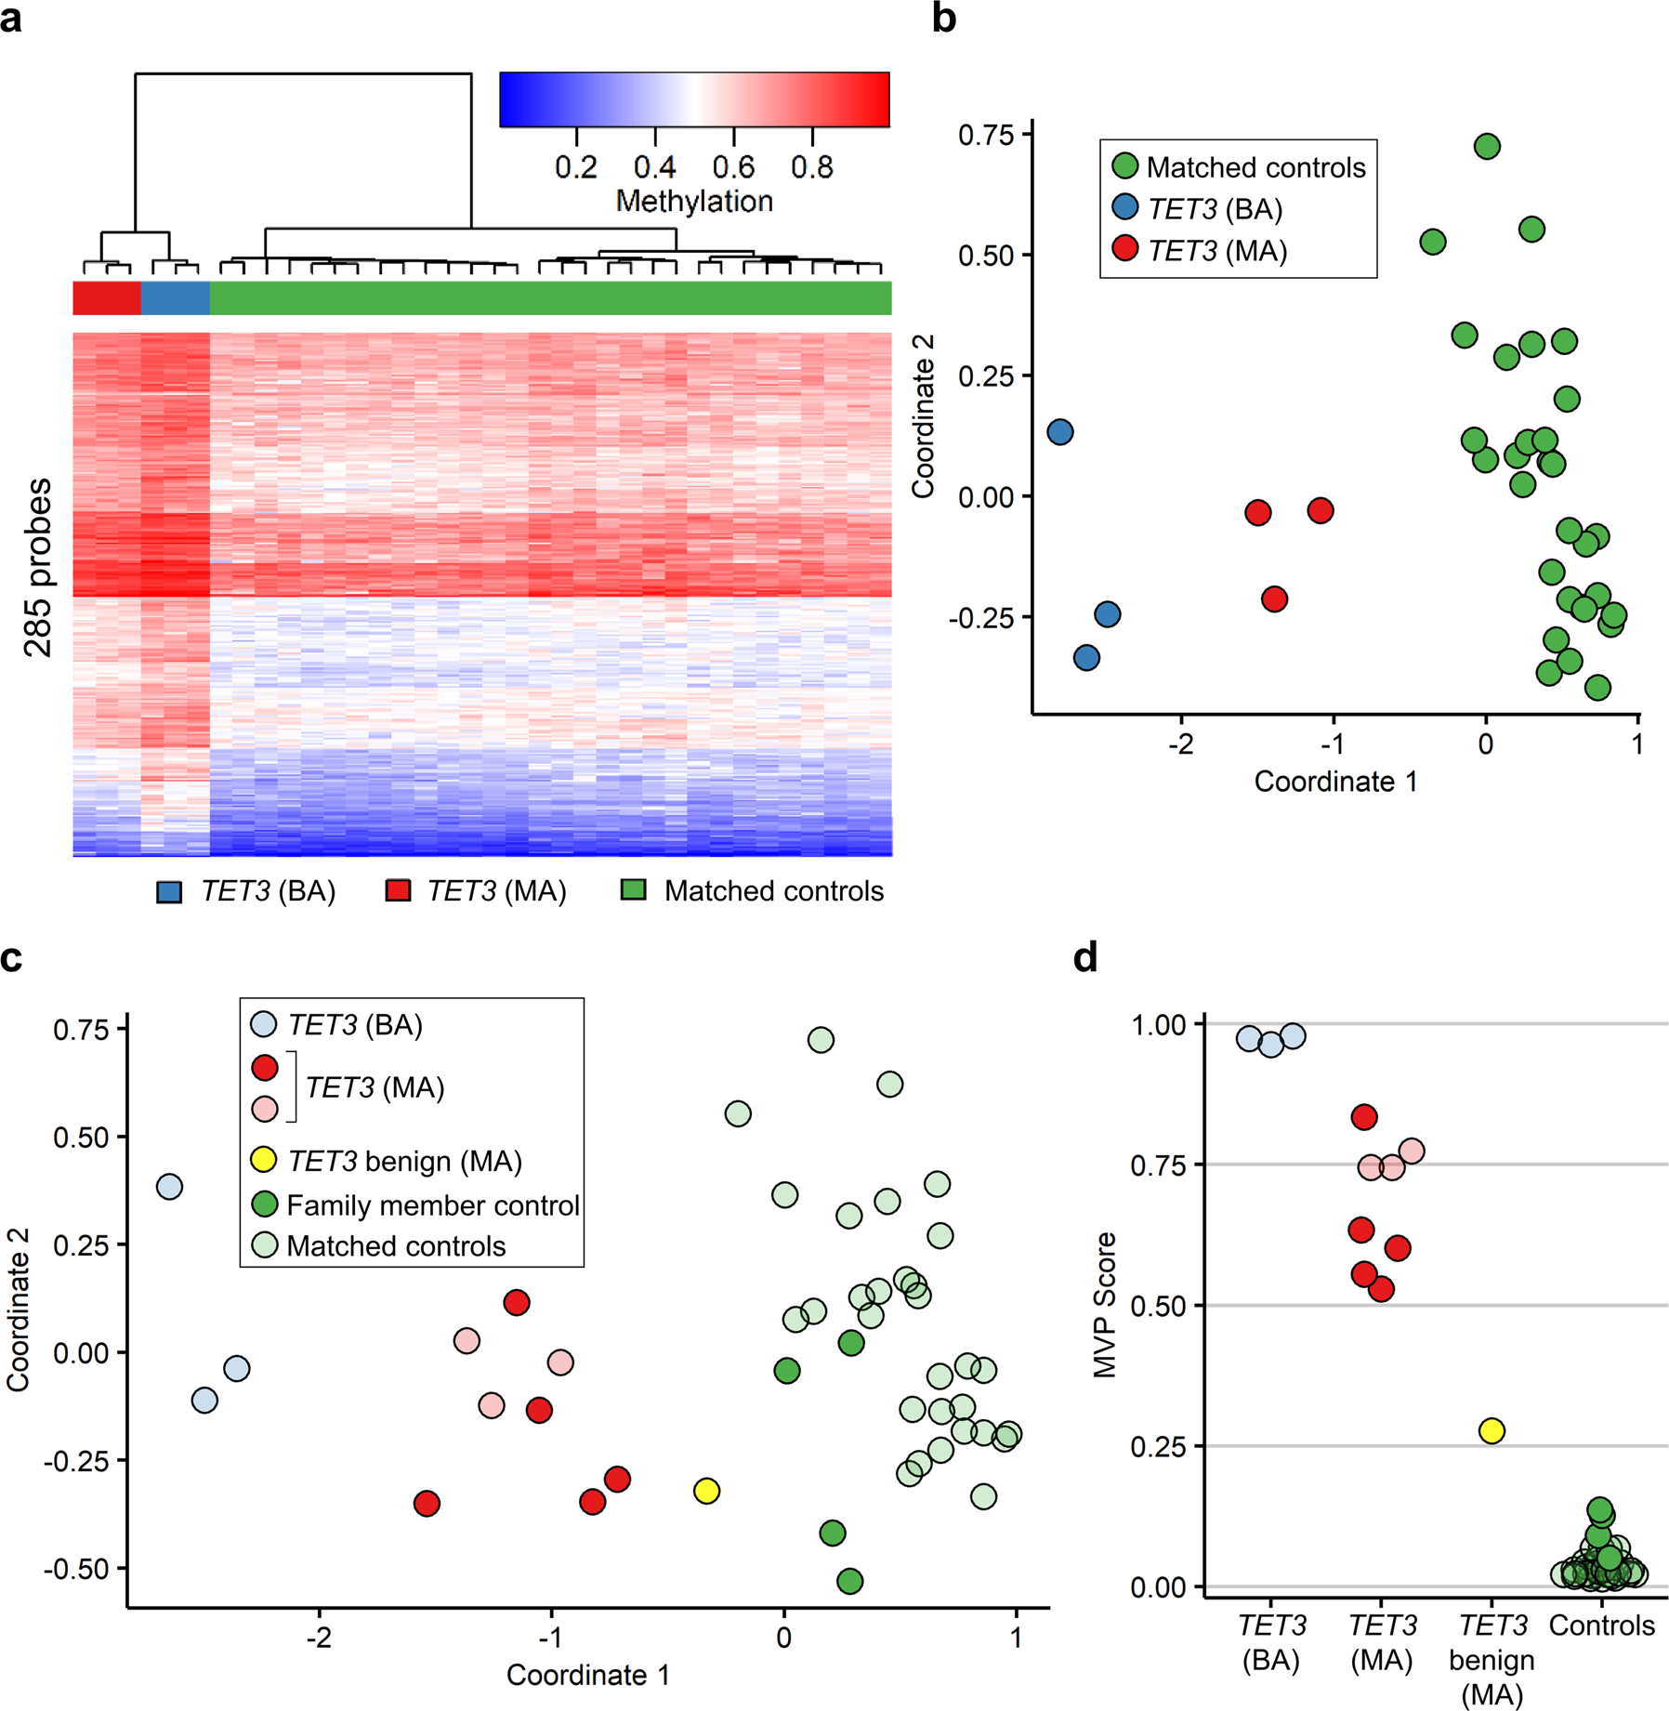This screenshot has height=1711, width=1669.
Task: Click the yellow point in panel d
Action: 1492,1430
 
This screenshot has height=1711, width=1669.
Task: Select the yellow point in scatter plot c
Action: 706,1491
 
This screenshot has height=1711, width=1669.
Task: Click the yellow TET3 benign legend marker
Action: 265,1160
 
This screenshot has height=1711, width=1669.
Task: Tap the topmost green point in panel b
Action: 1487,146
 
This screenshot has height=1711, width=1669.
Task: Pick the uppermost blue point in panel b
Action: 1060,431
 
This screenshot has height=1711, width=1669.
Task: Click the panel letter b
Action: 944,19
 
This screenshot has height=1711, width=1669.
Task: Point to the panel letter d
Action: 1085,957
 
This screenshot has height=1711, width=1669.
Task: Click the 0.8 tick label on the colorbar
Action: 811,167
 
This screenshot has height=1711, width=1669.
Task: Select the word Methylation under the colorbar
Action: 694,201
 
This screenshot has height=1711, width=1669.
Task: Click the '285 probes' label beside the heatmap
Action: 38,567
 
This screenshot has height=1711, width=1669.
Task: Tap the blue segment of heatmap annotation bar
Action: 175,297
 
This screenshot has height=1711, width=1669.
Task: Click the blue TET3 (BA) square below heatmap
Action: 169,892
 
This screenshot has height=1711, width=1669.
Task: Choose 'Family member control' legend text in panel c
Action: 433,1205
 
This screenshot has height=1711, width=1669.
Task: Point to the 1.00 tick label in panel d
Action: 1158,1025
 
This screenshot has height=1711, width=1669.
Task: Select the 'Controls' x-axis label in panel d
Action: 1601,1625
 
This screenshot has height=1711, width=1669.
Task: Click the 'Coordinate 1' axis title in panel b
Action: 1335,782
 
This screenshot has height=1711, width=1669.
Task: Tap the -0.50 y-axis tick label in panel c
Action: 76,1569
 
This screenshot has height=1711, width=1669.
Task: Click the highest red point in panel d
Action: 1364,1117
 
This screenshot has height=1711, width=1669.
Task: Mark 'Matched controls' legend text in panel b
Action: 1255,167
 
